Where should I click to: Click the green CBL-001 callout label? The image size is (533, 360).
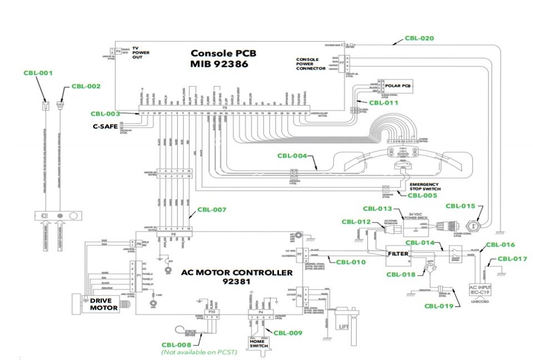click(x=38, y=73)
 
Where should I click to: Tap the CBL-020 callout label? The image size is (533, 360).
click(x=419, y=38)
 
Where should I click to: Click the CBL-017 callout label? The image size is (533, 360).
click(x=512, y=258)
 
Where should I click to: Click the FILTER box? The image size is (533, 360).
click(x=397, y=254)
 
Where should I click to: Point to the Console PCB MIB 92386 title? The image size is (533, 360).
click(x=224, y=58)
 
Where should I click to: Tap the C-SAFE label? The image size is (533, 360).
click(x=104, y=126)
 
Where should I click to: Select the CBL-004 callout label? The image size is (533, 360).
click(x=292, y=156)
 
